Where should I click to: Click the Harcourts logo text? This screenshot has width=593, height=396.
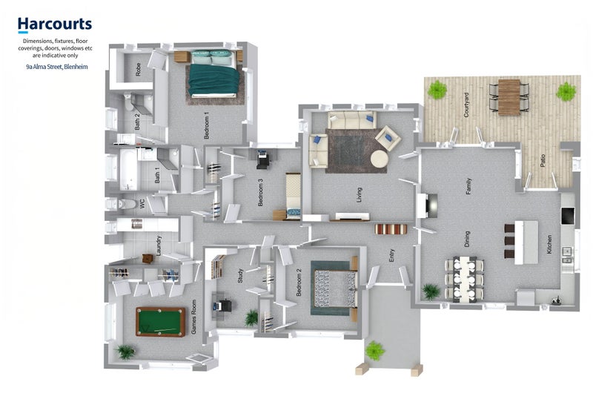pyautogui.click(x=55, y=24)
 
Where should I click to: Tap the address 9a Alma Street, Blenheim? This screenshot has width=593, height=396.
pyautogui.click(x=57, y=67)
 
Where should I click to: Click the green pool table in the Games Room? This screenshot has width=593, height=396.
pyautogui.click(x=161, y=322)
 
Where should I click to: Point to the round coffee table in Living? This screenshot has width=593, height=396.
pyautogui.click(x=379, y=159)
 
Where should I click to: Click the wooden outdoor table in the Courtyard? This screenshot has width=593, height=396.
pyautogui.click(x=509, y=97)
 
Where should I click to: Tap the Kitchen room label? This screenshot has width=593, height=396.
pyautogui.click(x=549, y=244)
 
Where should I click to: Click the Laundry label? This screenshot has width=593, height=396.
pyautogui.click(x=159, y=245)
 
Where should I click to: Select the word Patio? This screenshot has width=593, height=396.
pyautogui.click(x=543, y=161)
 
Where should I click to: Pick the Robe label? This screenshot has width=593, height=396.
pyautogui.click(x=138, y=69)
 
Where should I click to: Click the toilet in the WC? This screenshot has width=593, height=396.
pyautogui.click(x=123, y=204)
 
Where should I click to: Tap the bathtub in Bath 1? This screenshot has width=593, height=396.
pyautogui.click(x=129, y=170)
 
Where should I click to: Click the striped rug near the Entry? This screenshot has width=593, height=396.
pyautogui.click(x=391, y=229)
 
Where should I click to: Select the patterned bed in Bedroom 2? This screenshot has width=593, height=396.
pyautogui.click(x=334, y=288)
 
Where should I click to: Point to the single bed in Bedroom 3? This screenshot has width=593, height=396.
pyautogui.click(x=293, y=196)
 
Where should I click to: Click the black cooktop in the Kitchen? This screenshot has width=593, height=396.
pyautogui.click(x=568, y=216)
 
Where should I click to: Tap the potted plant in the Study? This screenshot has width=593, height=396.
pyautogui.click(x=251, y=317)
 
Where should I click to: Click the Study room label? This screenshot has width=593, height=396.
pyautogui.click(x=240, y=276)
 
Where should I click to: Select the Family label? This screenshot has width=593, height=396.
pyautogui.click(x=468, y=186)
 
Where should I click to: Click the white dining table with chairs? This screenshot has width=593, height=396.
pyautogui.click(x=464, y=280)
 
